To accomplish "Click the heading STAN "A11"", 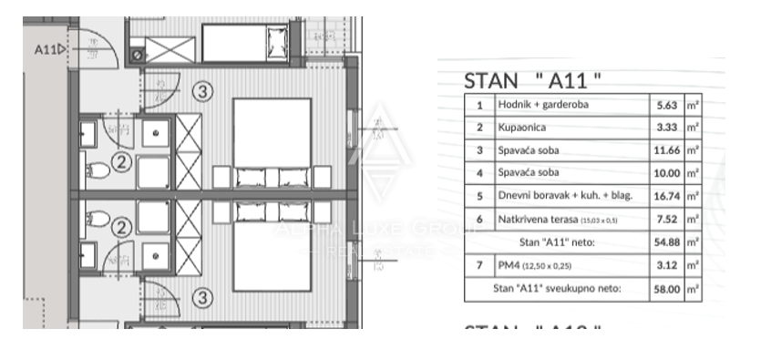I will pos(533,79).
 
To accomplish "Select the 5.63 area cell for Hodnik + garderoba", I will pos(665,105).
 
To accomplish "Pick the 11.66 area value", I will pos(664,149).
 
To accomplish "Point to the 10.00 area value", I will pos(664,172).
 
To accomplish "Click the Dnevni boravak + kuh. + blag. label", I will pos(565,195).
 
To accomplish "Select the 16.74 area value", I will pos(664,195).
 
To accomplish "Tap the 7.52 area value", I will pos(666,219).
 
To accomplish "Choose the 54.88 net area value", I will pos(664,242).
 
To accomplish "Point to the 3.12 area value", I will pos(666,265).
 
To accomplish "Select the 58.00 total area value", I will pos(664,288).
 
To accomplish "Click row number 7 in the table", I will pos(479,265).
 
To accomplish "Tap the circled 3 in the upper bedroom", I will pos(203,91).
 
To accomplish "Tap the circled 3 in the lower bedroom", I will pos(203,297).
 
